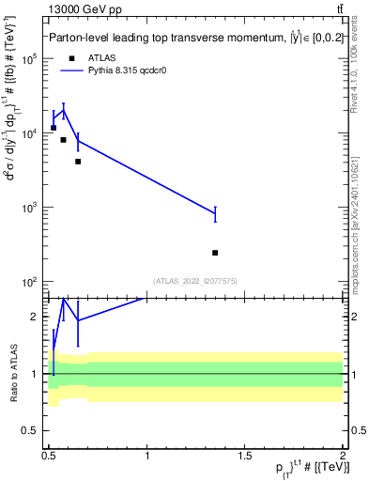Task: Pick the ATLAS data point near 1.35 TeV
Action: pyautogui.click(x=215, y=253)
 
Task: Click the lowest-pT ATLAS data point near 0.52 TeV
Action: pyautogui.click(x=54, y=128)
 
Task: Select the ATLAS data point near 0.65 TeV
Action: pyautogui.click(x=78, y=162)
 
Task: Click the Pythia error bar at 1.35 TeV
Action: pyautogui.click(x=215, y=214)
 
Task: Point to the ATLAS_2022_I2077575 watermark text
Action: pyautogui.click(x=195, y=280)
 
